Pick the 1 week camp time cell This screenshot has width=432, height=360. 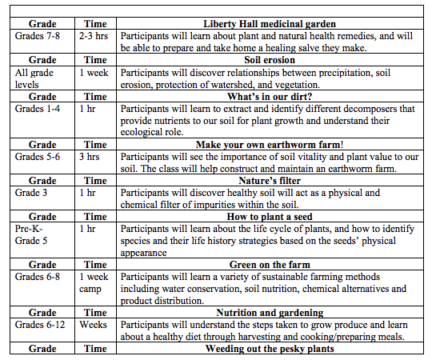coord(94,282)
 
